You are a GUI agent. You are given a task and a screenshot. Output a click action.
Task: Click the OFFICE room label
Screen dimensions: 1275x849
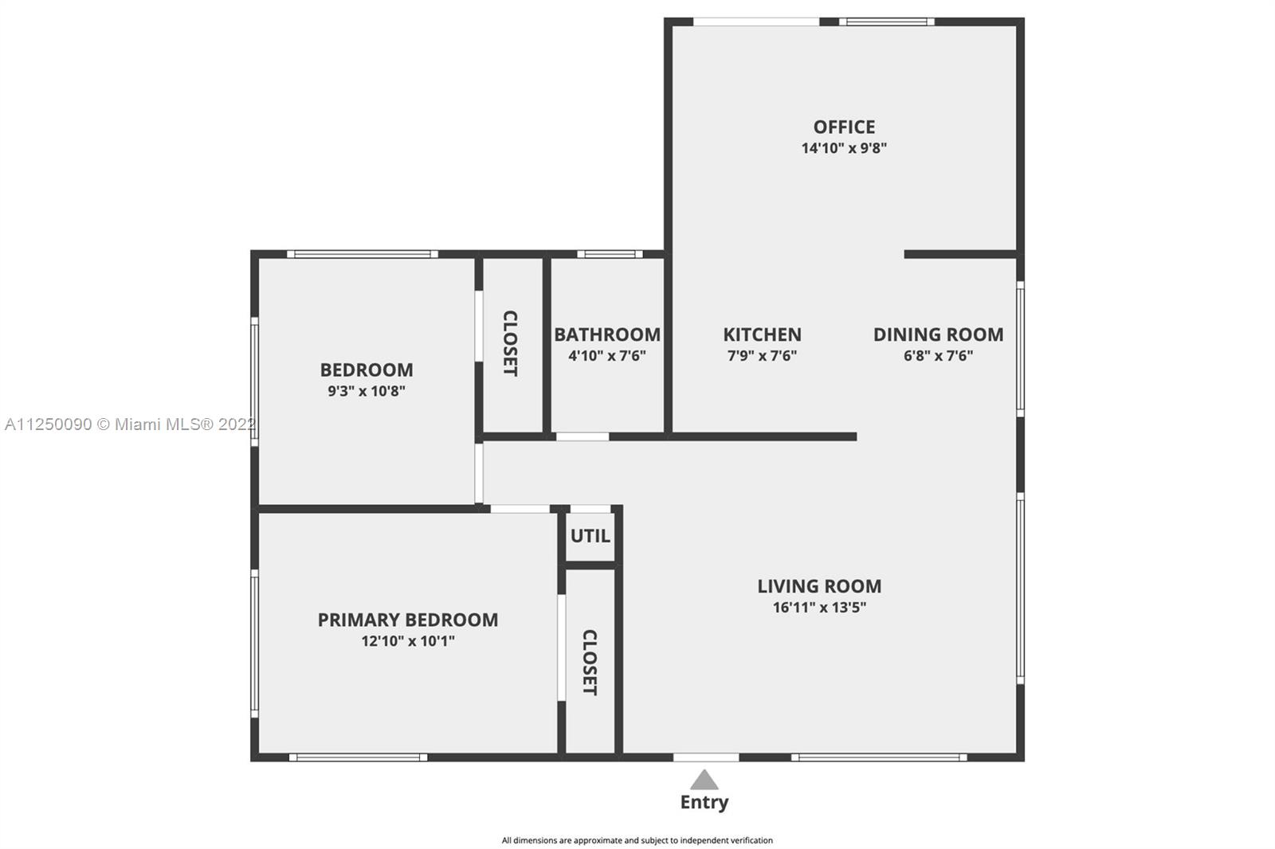844,127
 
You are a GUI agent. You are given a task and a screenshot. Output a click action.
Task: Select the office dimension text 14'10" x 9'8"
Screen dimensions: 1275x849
844,148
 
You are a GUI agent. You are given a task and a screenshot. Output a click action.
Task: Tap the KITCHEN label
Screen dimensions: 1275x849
762,334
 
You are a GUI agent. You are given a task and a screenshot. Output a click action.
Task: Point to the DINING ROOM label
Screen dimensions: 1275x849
939,334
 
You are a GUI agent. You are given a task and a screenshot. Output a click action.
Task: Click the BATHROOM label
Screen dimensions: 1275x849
607,334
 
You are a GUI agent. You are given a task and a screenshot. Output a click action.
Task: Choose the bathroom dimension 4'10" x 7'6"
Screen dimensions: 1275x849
607,356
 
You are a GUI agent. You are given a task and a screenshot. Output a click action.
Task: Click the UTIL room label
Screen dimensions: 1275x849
590,535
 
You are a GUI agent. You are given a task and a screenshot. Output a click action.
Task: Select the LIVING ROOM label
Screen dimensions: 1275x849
819,585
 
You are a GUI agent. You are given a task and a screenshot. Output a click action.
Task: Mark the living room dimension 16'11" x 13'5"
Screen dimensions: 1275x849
819,607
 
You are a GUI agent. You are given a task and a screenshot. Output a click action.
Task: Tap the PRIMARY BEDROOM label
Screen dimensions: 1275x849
407,619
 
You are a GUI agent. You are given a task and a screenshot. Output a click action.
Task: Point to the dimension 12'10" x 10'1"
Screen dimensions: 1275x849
407,641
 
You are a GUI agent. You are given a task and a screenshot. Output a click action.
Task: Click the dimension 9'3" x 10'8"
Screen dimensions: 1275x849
367,391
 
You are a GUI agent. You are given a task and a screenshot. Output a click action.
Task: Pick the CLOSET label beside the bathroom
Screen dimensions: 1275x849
510,343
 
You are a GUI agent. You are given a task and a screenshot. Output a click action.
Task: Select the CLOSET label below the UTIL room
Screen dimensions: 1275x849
590,663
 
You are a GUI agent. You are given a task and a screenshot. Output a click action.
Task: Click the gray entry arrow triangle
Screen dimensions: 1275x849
704,780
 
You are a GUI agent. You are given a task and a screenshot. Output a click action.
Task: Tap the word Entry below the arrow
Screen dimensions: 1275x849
704,802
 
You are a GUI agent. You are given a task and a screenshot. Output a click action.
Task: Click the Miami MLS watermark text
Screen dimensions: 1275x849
131,424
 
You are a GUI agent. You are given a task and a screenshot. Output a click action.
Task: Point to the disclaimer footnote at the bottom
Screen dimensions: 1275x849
637,840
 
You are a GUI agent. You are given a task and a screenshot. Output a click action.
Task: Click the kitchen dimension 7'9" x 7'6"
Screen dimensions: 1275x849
762,356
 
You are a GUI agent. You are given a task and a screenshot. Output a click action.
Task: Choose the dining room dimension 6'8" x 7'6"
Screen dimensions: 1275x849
939,356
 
